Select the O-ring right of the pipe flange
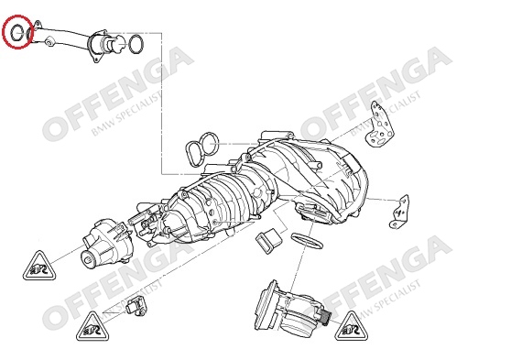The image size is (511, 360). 130,44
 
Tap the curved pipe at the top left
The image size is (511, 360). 65,35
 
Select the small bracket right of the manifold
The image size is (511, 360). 399,212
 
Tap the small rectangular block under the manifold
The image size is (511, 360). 268,242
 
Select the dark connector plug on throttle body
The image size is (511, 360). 324,318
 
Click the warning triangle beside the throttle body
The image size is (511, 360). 352,327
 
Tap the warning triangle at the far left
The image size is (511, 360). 39,267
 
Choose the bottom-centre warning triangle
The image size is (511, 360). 92,327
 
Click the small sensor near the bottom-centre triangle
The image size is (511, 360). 136,307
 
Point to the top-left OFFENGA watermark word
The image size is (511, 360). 118,94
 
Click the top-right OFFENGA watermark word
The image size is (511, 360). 375,94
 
